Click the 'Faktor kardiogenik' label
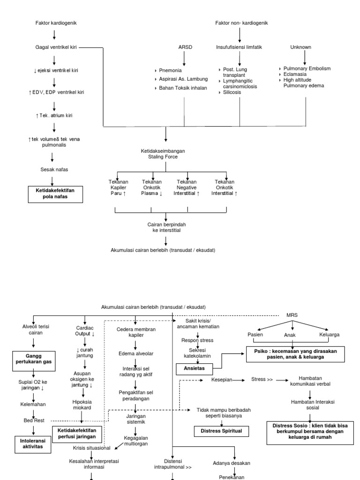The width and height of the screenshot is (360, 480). [x=56, y=23]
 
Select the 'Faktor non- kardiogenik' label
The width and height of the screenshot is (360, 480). [x=241, y=23]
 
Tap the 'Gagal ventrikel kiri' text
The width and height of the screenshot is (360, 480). [x=56, y=47]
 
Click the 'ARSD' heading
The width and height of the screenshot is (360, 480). [x=185, y=47]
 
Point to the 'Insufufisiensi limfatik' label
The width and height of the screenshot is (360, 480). [x=240, y=47]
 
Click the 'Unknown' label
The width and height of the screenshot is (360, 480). [x=300, y=47]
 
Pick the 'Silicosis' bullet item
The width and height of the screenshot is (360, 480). [x=232, y=93]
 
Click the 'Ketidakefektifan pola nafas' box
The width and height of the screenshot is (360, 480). [x=56, y=193]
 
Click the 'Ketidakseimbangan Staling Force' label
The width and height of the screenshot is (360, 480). [x=163, y=154]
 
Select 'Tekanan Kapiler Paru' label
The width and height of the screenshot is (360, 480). [x=118, y=187]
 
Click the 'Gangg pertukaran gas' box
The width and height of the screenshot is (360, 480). [x=33, y=360]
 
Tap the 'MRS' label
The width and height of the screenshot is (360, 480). [x=292, y=315]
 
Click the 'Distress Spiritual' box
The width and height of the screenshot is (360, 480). [x=222, y=430]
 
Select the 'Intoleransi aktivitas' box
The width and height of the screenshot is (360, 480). [x=33, y=443]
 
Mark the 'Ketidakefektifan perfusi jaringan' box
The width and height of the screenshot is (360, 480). [x=77, y=433]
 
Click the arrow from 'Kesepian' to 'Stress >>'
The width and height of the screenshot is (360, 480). [x=239, y=380]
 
